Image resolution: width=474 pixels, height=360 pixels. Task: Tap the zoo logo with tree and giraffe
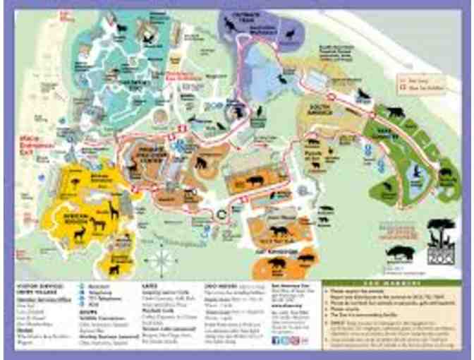[441, 240]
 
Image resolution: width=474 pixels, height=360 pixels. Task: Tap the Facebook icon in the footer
[275, 340]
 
